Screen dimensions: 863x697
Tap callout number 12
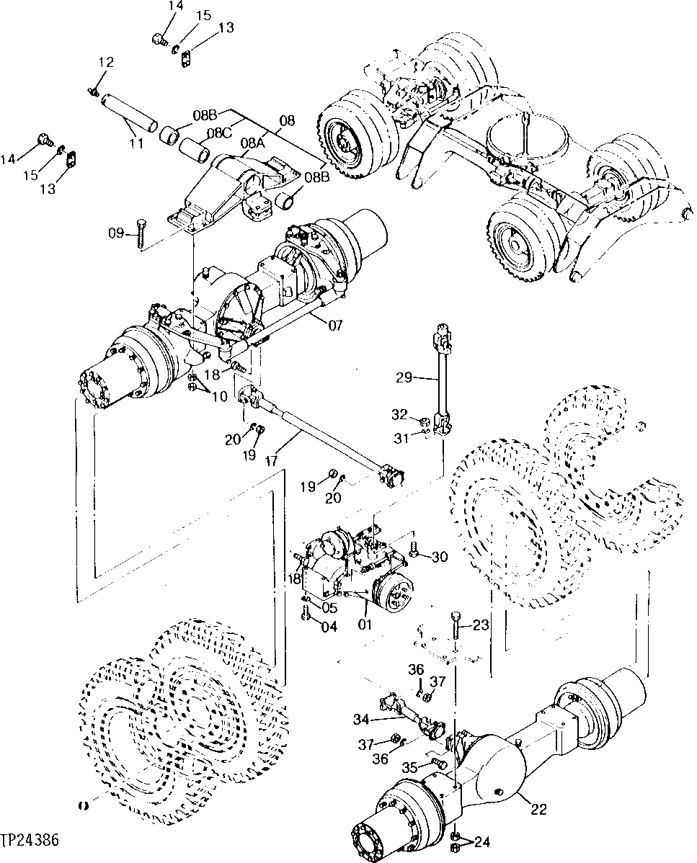pyautogui.click(x=106, y=63)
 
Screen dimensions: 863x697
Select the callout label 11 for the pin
pyautogui.click(x=136, y=143)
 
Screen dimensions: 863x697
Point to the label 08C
pyautogui.click(x=220, y=133)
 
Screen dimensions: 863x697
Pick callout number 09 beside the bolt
pyautogui.click(x=117, y=232)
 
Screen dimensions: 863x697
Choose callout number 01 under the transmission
pyautogui.click(x=365, y=624)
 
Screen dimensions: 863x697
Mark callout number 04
pyautogui.click(x=329, y=626)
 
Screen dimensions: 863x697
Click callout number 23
pyautogui.click(x=480, y=625)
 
